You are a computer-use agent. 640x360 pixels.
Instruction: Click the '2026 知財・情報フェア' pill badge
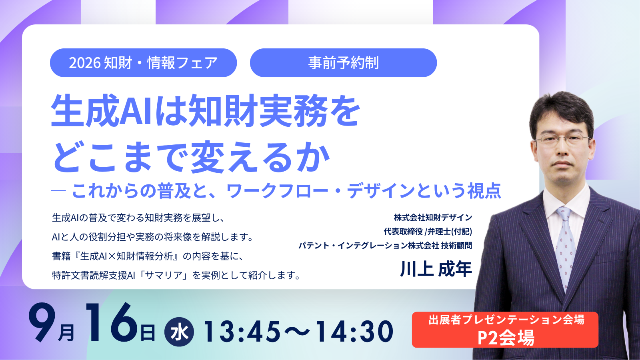pyautogui.click(x=144, y=63)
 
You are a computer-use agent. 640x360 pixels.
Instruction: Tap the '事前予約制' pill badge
pyautogui.click(x=344, y=63)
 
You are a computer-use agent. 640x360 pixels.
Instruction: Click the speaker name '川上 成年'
pyautogui.click(x=436, y=269)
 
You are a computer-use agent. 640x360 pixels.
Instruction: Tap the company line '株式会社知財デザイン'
pyautogui.click(x=433, y=218)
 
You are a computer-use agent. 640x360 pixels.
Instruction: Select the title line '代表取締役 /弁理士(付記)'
pyautogui.click(x=428, y=232)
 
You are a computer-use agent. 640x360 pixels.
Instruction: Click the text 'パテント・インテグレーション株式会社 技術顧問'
pyautogui.click(x=385, y=246)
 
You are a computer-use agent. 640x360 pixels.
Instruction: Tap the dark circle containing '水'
pyautogui.click(x=179, y=332)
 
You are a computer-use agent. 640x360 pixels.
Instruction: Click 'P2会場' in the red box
pyautogui.click(x=506, y=338)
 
